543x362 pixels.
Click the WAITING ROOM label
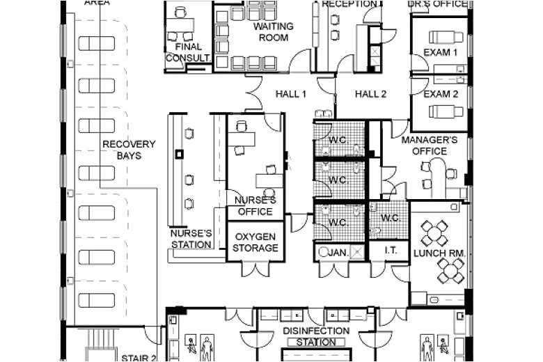click(273, 32)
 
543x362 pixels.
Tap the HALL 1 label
click(290, 94)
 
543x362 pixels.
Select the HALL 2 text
click(370, 94)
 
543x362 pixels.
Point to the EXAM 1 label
click(441, 52)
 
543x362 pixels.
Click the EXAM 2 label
click(441, 94)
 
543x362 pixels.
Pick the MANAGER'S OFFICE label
click(430, 145)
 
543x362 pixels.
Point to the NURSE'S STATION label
click(191, 239)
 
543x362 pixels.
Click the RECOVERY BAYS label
click(129, 150)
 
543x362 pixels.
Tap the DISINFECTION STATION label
click(315, 336)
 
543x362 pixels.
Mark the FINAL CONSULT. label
click(187, 52)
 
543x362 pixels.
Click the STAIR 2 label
click(139, 358)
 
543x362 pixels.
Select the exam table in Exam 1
click(446, 38)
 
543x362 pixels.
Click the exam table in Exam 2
click(446, 111)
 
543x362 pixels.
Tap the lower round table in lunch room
click(451, 270)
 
